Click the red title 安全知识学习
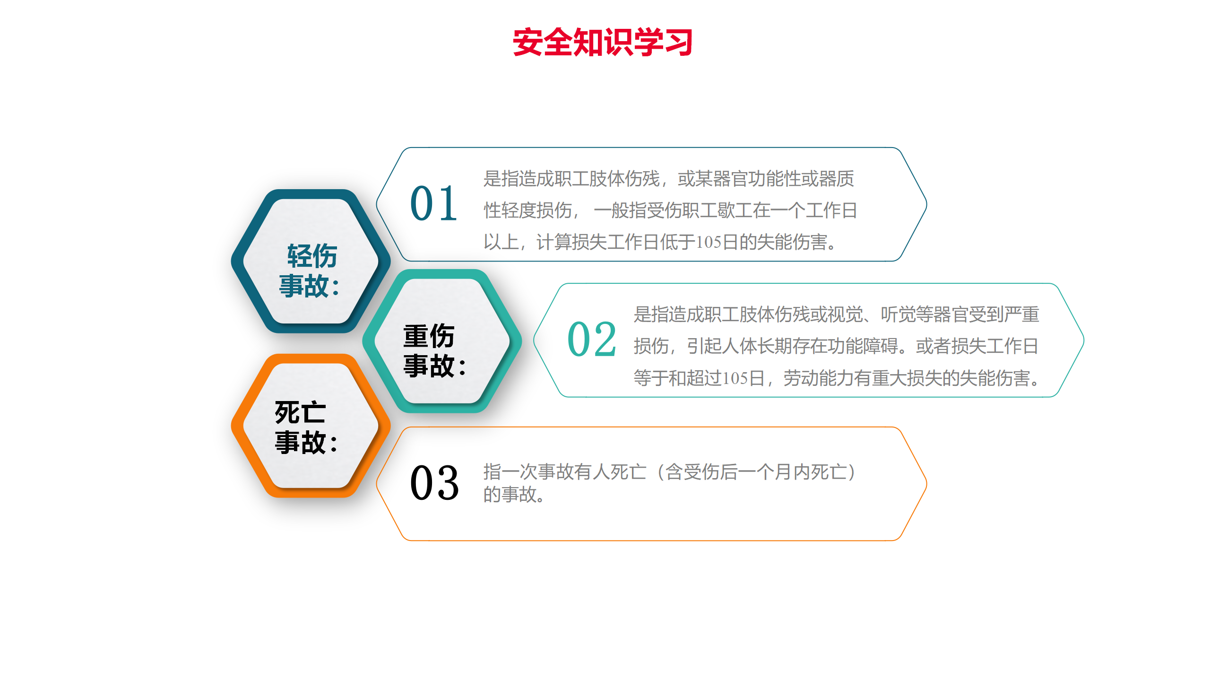click(x=603, y=42)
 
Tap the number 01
click(x=433, y=203)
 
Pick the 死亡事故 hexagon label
click(x=306, y=427)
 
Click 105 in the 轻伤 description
click(x=709, y=242)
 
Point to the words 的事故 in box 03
click(x=510, y=495)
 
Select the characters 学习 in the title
click(x=663, y=42)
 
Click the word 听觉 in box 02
click(x=898, y=314)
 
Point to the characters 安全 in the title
click(x=543, y=42)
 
